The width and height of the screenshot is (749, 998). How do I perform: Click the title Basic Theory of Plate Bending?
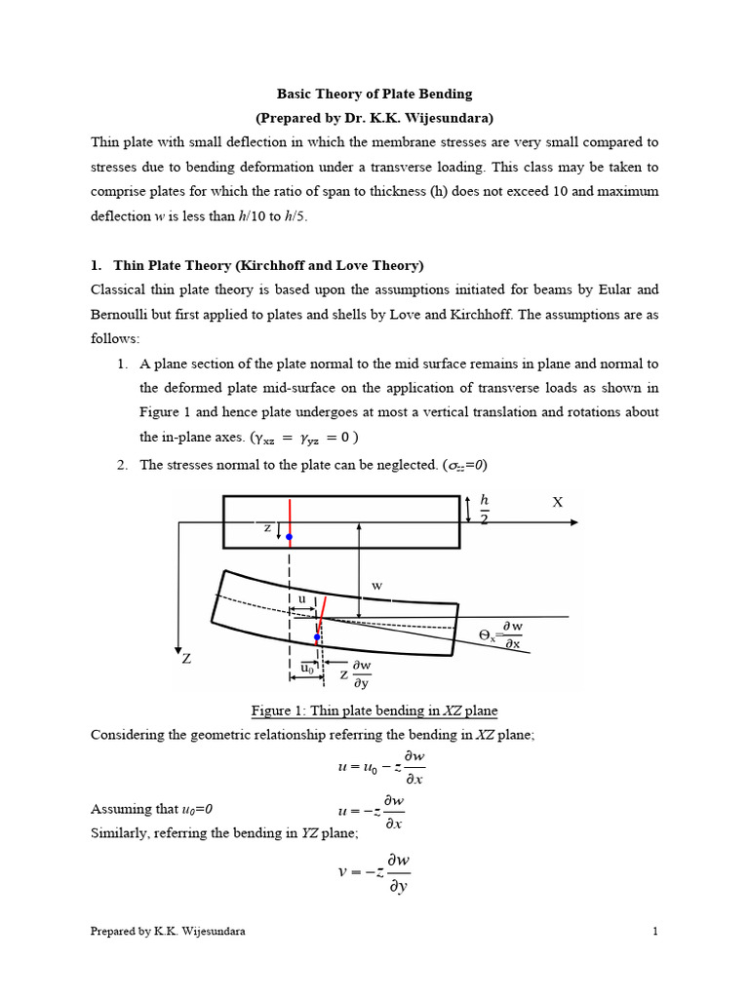(x=374, y=95)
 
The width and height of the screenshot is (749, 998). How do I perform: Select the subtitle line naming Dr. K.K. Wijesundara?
(x=374, y=119)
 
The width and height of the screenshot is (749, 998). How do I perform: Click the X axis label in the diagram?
(x=558, y=502)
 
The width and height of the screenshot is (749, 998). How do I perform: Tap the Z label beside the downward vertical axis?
(x=186, y=659)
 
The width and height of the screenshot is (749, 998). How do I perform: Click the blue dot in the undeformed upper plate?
(x=290, y=537)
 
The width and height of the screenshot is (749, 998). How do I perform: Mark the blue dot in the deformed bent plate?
(x=317, y=637)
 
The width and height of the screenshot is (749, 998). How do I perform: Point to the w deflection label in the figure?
(x=376, y=587)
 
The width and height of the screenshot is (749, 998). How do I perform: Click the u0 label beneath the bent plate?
(x=307, y=669)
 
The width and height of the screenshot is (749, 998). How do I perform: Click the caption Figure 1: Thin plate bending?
(x=374, y=710)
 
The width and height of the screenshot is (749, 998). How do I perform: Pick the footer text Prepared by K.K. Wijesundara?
(x=168, y=932)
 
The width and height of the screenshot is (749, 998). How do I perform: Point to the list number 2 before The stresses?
(x=122, y=465)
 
